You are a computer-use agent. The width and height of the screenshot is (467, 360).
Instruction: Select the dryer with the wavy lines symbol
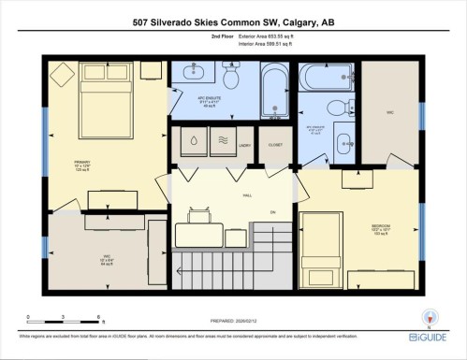222,142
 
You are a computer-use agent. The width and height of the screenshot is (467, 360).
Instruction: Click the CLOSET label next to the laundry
274,146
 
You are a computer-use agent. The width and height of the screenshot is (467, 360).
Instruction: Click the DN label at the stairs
274,213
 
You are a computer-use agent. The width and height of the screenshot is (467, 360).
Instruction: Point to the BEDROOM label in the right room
381,226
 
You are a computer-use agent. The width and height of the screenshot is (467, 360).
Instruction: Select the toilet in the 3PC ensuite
348,106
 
